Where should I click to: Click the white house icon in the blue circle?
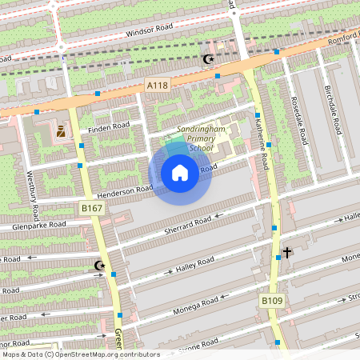[180, 173]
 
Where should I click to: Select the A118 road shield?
[157, 85]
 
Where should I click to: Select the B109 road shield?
[271, 301]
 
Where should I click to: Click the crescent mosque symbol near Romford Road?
[209, 59]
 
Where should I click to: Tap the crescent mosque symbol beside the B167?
[99, 265]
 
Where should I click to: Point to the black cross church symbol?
[286, 253]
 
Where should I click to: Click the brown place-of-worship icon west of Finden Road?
[61, 131]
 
